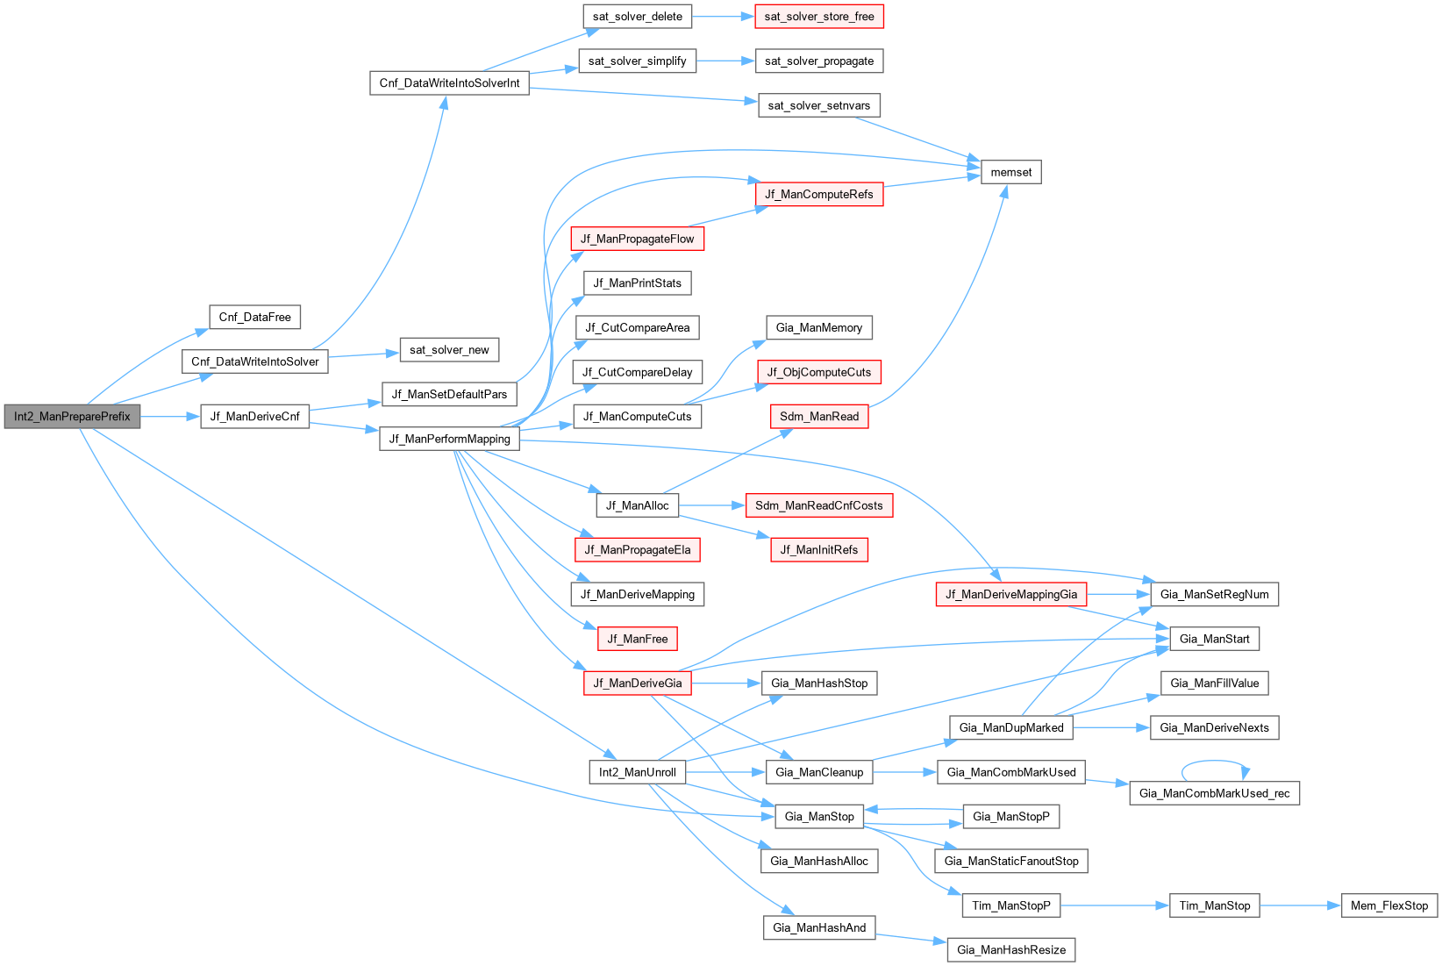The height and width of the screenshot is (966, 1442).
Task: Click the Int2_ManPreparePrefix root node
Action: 72,416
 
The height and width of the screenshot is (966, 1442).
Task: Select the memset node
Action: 1010,172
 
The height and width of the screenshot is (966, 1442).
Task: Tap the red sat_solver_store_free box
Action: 818,17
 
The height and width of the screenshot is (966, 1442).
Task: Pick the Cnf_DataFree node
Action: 254,317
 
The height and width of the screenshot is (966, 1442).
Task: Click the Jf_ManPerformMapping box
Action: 449,439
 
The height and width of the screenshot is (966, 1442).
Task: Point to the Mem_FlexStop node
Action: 1389,905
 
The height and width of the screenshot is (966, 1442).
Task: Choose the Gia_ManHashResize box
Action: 1010,949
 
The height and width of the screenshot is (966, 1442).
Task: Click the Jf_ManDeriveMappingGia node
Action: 1010,594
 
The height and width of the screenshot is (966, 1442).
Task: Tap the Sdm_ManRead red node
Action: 818,416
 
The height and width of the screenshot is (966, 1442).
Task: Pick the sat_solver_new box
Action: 449,349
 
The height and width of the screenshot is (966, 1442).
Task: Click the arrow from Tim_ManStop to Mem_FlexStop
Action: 1300,905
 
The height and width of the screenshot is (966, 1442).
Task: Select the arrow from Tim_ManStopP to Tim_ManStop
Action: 1114,905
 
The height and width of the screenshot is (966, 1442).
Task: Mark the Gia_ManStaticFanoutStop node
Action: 1010,861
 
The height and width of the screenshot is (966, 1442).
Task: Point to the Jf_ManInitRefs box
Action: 818,550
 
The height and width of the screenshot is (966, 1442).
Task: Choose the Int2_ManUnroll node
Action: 637,772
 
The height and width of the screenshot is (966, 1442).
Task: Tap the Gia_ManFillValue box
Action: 1214,683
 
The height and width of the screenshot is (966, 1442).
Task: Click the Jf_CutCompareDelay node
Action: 637,372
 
